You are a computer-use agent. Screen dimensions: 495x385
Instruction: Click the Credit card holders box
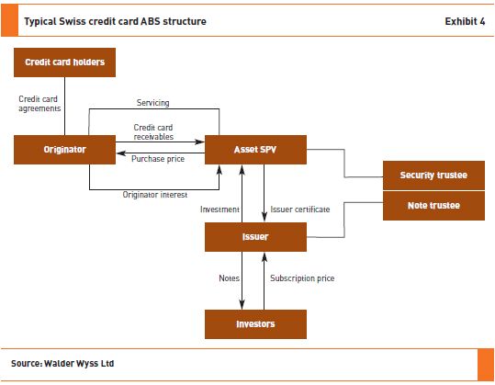tap(64, 62)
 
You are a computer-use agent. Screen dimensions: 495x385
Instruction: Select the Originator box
tap(64, 150)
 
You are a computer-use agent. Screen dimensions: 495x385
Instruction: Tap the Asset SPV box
tap(255, 150)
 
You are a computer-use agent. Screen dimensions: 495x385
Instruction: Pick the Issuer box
tap(255, 237)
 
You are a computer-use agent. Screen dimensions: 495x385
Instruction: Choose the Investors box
tap(255, 324)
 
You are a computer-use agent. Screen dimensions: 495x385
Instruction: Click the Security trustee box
tap(433, 176)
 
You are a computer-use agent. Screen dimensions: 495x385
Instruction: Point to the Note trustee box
tap(433, 206)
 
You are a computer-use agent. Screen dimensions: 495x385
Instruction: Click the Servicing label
tap(153, 103)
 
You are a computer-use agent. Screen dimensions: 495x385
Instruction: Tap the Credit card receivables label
tap(153, 132)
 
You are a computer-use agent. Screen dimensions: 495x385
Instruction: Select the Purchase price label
tap(158, 159)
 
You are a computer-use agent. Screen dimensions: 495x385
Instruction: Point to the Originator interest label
tap(155, 195)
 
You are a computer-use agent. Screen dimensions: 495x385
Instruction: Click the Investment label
tap(219, 209)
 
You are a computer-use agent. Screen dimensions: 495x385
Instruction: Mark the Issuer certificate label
tap(300, 209)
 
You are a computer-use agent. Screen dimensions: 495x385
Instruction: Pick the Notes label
tap(230, 278)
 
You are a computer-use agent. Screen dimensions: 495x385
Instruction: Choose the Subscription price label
tap(302, 278)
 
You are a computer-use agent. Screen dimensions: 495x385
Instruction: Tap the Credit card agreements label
tap(39, 104)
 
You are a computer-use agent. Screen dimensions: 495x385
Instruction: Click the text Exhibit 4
tap(465, 21)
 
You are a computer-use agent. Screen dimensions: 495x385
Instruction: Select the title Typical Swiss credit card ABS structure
tap(115, 21)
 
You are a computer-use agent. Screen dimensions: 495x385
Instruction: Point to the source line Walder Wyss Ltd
tap(79, 364)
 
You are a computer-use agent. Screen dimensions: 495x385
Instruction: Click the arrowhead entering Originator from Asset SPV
tap(121, 153)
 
